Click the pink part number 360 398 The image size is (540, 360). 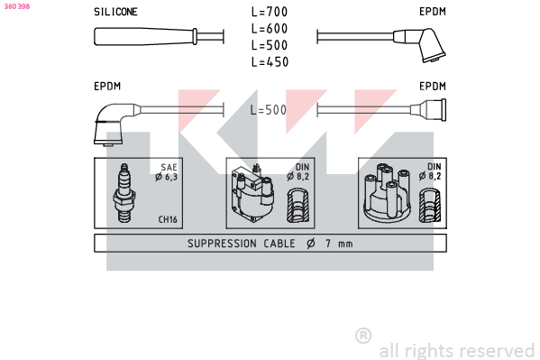point(17,6)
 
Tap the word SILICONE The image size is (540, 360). point(115,12)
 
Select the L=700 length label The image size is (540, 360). point(270,12)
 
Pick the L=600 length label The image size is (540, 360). point(270,29)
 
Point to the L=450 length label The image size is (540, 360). point(270,62)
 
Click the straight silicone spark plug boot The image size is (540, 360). point(145,37)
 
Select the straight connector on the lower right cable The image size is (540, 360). point(428,110)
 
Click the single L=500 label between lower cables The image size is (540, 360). point(269,110)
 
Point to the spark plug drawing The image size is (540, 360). point(124,193)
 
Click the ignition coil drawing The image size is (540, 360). point(252,193)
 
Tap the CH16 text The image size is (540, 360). point(168,219)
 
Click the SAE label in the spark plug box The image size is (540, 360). point(169,167)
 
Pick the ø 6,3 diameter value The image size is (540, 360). point(167,177)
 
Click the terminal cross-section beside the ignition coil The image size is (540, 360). point(297,206)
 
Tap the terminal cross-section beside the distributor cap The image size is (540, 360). point(430,205)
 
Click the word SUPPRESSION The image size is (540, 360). point(222,244)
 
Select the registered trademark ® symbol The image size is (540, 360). point(363,336)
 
